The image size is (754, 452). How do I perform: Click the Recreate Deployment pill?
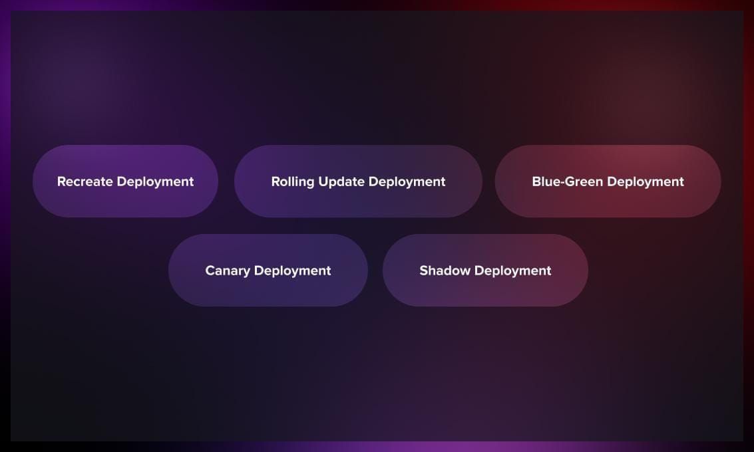point(126,181)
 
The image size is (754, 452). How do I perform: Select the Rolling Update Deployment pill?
point(358,181)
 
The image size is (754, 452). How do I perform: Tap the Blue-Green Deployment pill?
point(608,181)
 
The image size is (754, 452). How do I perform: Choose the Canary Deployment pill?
point(268,271)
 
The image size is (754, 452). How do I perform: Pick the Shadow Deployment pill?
point(485,271)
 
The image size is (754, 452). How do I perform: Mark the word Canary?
point(228,271)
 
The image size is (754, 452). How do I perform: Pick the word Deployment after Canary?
point(292,271)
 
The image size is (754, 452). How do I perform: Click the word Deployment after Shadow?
point(512,271)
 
